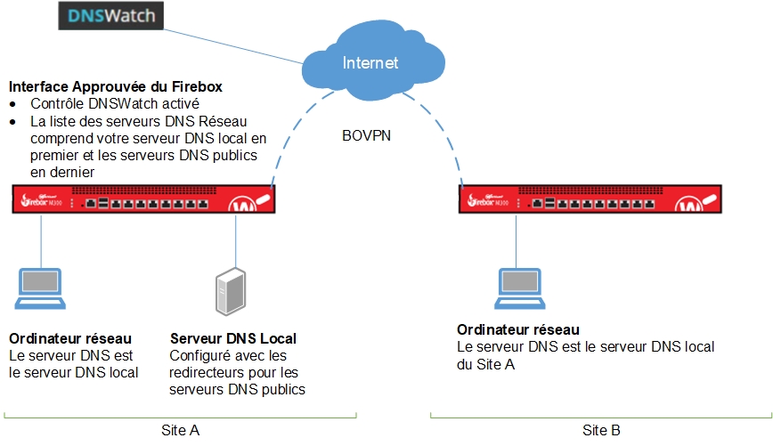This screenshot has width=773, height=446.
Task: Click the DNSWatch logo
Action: (118, 14)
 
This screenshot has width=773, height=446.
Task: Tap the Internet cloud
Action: (370, 62)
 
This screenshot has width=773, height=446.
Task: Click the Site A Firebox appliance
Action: (142, 199)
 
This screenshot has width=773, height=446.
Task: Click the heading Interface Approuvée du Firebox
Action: (115, 87)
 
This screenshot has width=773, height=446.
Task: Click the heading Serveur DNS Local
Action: (232, 339)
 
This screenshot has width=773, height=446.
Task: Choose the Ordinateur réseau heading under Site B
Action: (517, 330)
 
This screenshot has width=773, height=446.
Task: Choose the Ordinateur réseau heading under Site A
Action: (70, 339)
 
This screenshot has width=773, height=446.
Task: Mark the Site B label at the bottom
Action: (601, 430)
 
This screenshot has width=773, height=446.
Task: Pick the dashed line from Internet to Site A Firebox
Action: (294, 134)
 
